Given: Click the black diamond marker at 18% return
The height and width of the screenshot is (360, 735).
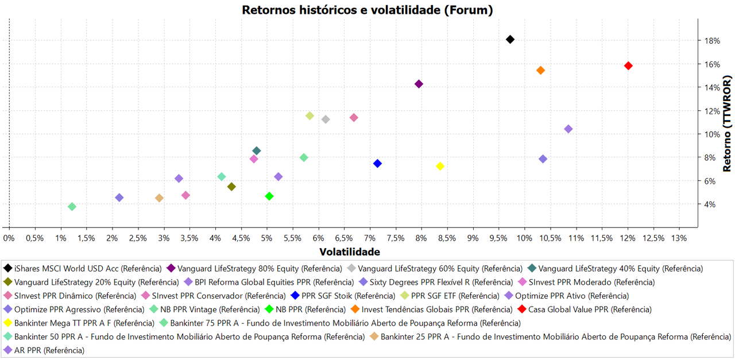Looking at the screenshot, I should [510, 40].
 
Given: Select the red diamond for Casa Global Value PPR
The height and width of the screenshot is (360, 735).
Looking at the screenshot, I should [628, 66].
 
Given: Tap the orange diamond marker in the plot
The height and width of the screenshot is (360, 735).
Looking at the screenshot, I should [540, 71].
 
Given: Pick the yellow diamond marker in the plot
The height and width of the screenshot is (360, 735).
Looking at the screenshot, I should [440, 167].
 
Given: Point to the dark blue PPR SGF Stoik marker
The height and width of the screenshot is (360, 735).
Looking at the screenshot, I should [377, 164].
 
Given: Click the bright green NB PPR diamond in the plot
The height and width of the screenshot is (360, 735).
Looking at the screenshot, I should [269, 196].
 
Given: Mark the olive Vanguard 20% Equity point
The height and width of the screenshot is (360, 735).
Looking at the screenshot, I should [231, 187].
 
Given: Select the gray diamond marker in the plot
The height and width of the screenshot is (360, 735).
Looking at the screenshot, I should [326, 119].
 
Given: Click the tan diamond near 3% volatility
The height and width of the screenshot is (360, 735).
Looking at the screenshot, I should [159, 198].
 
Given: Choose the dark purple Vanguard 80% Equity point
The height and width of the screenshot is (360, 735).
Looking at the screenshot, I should [419, 84].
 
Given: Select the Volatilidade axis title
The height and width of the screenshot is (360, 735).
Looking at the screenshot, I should [349, 252].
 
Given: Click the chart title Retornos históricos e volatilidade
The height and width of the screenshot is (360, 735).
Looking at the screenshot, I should [367, 10].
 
